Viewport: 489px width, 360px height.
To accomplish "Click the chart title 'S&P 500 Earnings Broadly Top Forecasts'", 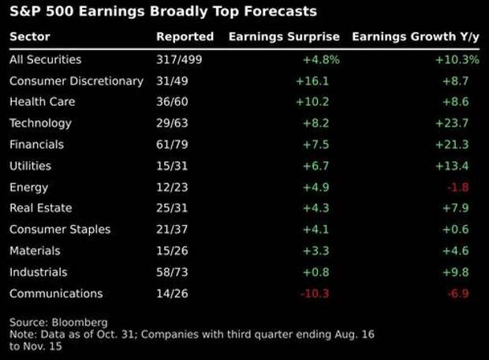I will pyautogui.click(x=163, y=12).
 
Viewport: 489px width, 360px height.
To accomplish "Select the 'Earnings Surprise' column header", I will pyautogui.click(x=284, y=37).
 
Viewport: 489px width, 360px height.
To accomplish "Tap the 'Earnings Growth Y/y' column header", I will pyautogui.click(x=415, y=37).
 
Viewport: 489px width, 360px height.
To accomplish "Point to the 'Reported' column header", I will pyautogui.click(x=185, y=37).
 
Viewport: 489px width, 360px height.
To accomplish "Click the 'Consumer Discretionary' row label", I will pyautogui.click(x=77, y=81).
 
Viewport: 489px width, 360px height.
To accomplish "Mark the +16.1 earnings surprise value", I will pyautogui.click(x=312, y=81).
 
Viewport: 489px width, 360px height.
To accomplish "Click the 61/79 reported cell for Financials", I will pyautogui.click(x=173, y=144).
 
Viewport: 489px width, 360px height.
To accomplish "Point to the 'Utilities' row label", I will pyautogui.click(x=30, y=166).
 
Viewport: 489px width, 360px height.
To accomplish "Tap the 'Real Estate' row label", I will pyautogui.click(x=40, y=208).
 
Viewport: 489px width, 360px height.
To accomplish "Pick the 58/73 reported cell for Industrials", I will pyautogui.click(x=173, y=272).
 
